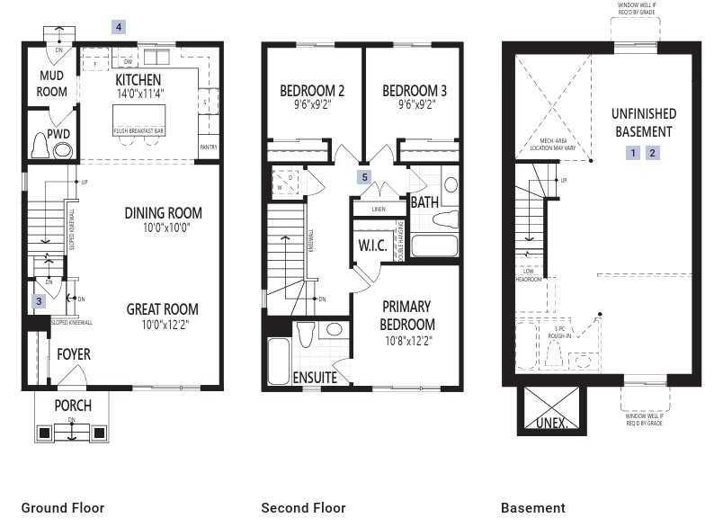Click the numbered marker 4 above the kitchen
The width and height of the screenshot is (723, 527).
click(119, 27)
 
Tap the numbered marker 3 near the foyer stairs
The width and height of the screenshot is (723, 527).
click(39, 301)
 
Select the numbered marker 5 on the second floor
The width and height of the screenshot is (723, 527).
click(364, 176)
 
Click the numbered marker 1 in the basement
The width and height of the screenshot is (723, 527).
click(633, 153)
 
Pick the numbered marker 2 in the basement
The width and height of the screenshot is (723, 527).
click(653, 153)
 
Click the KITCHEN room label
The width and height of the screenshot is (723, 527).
click(138, 80)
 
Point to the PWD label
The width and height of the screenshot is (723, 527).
click(58, 134)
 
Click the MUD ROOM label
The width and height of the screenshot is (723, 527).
click(51, 84)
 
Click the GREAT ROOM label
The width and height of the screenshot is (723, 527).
click(157, 308)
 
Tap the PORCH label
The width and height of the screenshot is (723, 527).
click(72, 405)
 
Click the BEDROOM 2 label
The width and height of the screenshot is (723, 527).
click(312, 91)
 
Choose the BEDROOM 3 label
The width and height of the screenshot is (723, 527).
click(415, 91)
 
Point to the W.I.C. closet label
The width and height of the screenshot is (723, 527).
click(372, 246)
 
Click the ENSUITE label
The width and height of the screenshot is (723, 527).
click(315, 377)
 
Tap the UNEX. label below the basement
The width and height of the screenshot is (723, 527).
click(551, 422)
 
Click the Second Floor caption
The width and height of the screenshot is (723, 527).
click(303, 508)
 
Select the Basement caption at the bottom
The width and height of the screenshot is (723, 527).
click(533, 508)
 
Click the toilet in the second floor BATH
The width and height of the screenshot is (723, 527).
click(446, 219)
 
